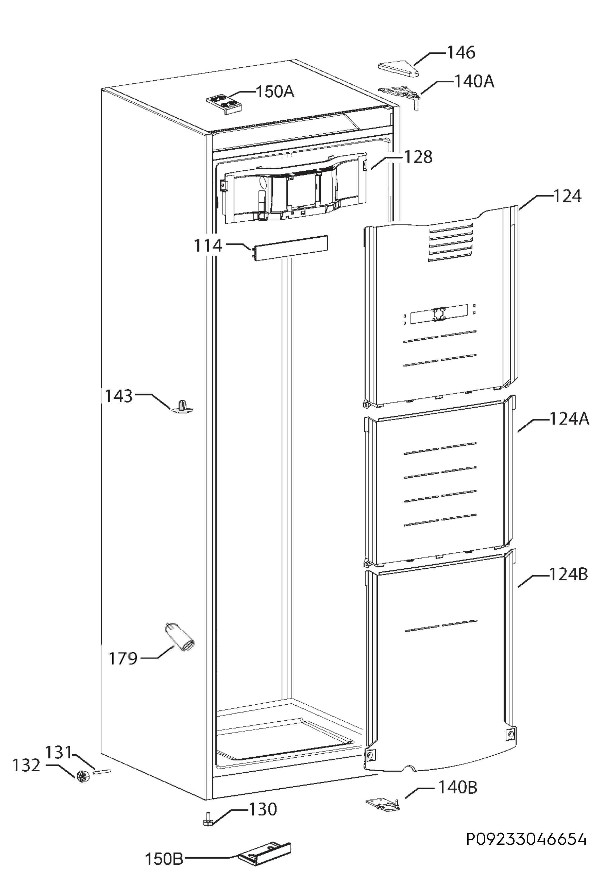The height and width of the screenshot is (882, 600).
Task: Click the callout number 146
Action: point(461,52)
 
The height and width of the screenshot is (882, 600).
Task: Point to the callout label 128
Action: point(418,157)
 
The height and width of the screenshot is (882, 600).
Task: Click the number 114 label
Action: point(208,246)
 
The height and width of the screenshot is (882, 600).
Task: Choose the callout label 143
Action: point(119,396)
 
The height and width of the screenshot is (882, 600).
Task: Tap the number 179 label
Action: point(123,658)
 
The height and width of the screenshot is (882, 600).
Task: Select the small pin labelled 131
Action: point(101,772)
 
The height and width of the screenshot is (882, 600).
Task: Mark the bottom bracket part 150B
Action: point(265,854)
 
